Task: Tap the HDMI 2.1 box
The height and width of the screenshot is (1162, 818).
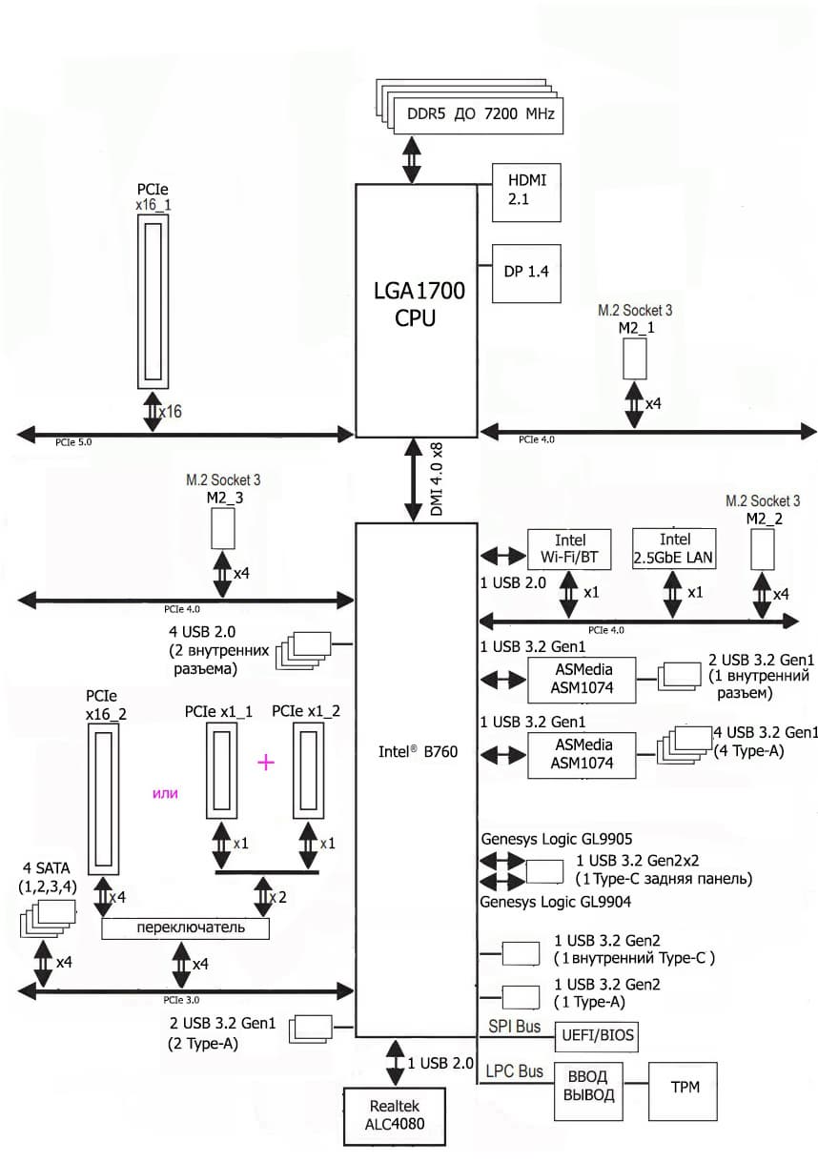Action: (525, 191)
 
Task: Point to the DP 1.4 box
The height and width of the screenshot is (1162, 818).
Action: (525, 273)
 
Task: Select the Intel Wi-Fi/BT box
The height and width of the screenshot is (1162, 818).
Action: (569, 549)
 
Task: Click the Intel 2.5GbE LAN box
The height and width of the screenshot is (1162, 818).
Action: (674, 549)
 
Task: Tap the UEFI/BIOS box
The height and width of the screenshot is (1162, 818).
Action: (596, 1035)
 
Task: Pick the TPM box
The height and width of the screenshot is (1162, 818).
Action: (684, 1087)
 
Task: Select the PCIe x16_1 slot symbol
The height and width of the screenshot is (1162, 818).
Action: (153, 299)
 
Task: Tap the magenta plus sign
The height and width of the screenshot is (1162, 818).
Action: (266, 762)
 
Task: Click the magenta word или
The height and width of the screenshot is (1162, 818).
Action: (166, 792)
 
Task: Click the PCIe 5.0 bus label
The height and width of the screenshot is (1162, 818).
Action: (73, 443)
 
